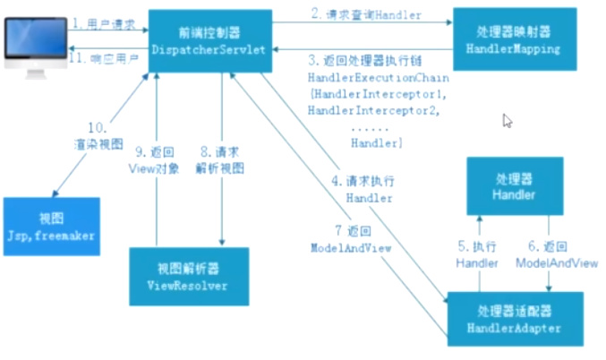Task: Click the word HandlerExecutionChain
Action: (363, 79)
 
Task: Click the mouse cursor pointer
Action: (508, 121)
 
